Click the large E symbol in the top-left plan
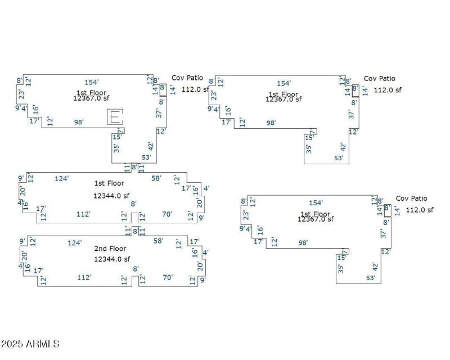pyautogui.click(x=114, y=117)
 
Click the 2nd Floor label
pyautogui.click(x=110, y=249)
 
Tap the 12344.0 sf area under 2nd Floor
pyautogui.click(x=112, y=259)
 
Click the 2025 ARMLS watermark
pyautogui.click(x=30, y=344)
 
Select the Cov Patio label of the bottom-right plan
pyautogui.click(x=411, y=199)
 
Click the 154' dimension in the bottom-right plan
pyautogui.click(x=316, y=203)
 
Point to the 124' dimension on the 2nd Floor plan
pyautogui.click(x=75, y=243)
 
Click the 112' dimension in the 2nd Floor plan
pyautogui.click(x=84, y=277)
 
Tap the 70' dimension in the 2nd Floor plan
pyautogui.click(x=168, y=277)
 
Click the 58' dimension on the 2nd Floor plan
pyautogui.click(x=159, y=241)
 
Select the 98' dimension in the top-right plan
pyautogui.click(x=271, y=123)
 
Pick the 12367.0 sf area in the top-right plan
pyautogui.click(x=283, y=99)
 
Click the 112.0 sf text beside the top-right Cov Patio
pyautogui.click(x=388, y=89)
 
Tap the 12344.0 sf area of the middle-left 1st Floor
pyautogui.click(x=111, y=196)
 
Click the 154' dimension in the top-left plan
pyautogui.click(x=92, y=82)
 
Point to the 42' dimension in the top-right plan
pyautogui.click(x=343, y=147)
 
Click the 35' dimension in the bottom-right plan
pyautogui.click(x=341, y=268)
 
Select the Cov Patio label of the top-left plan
pyautogui.click(x=187, y=78)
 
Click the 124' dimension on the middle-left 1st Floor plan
pyautogui.click(x=62, y=179)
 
